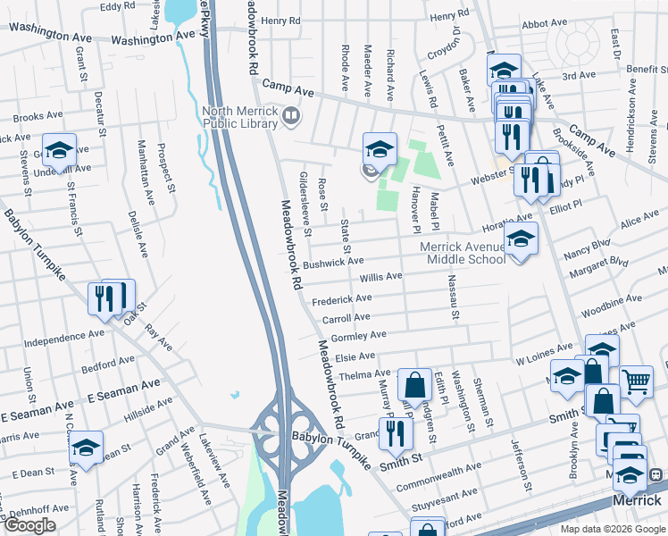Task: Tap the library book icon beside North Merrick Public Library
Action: pos(290,116)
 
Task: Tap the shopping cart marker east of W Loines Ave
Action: pos(636,381)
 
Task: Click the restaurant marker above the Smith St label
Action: pos(396,432)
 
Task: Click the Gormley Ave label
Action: pos(358,336)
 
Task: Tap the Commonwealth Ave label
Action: pos(438,473)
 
